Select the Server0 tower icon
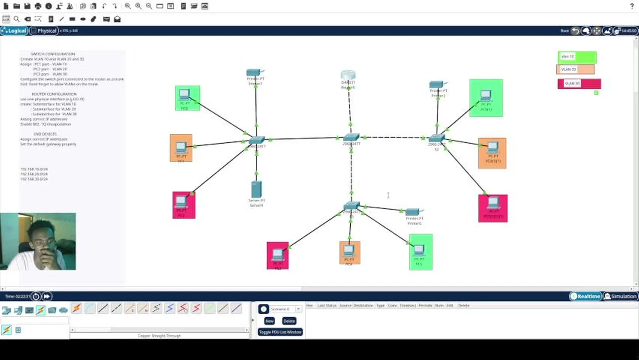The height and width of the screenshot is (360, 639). point(256,189)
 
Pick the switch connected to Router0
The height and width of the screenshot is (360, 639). point(351,138)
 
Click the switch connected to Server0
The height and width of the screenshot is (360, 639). point(257,140)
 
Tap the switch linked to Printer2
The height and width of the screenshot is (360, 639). point(436,138)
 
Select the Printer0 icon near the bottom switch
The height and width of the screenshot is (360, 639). point(413,212)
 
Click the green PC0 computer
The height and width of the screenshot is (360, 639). point(185,95)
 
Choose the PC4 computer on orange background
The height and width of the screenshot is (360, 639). point(349,250)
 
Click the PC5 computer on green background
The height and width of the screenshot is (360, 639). point(420,249)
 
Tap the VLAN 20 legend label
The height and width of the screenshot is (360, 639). point(575,70)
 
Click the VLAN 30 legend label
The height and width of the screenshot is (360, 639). point(579,83)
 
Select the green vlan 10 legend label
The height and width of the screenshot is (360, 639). point(576,57)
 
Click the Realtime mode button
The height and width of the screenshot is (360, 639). point(585,296)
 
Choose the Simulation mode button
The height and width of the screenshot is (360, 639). point(620,296)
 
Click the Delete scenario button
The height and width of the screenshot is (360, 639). point(289,321)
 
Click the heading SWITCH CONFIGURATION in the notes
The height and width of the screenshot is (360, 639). point(53,54)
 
